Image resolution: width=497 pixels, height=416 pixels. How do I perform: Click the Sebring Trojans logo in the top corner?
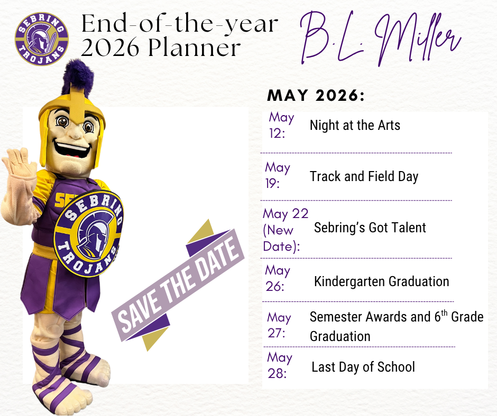pos(42,40)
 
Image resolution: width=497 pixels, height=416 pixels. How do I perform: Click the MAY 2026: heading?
pos(316,96)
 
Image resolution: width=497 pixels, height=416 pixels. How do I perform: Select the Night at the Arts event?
pos(355,126)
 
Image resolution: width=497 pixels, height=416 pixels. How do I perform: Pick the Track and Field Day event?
pos(364,176)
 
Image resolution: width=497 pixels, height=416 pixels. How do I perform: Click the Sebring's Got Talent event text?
pos(370,228)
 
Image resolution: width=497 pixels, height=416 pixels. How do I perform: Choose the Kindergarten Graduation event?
pos(381,281)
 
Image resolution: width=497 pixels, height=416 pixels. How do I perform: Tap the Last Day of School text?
pos(363,367)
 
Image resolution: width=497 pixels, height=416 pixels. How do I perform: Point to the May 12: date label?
pos(281,125)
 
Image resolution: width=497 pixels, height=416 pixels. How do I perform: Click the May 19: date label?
pos(278,175)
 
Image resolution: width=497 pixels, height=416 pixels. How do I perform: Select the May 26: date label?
pos(278,278)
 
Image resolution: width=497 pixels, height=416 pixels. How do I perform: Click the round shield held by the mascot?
pos(88,232)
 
